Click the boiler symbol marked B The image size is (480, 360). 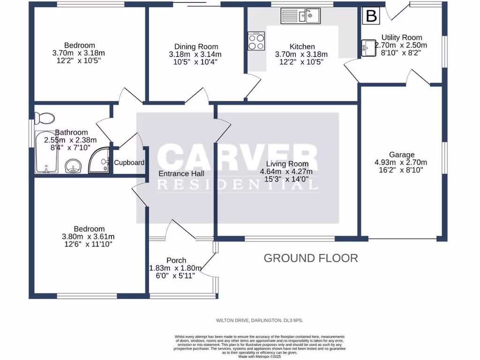tap(371, 16)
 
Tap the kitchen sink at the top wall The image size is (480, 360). tap(300, 16)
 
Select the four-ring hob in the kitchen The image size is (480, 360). tap(256, 41)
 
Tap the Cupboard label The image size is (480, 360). tap(129, 163)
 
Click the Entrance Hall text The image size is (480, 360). tap(181, 173)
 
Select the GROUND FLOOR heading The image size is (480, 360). tap(311, 258)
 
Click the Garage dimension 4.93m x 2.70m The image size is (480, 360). tap(401, 163)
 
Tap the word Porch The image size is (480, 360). tap(176, 260)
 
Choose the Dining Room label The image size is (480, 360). tap(196, 46)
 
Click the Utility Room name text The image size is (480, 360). tap(401, 37)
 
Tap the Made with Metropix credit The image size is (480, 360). tap(259, 357)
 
